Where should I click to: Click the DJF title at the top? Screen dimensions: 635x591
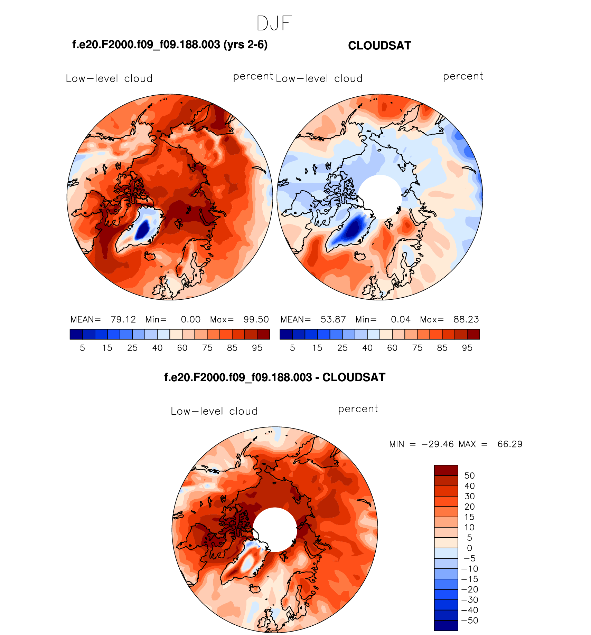point(274,23)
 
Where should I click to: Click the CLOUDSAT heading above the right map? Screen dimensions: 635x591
point(379,46)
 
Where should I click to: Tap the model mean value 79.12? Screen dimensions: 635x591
point(123,319)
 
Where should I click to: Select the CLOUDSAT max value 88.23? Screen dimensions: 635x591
point(466,319)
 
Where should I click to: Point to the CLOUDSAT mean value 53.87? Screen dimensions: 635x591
point(333,319)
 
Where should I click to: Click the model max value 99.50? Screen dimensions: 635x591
point(256,319)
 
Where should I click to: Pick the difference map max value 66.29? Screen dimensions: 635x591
point(510,444)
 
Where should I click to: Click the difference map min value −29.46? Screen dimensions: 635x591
point(438,444)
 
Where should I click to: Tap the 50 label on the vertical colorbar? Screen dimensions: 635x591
point(469,476)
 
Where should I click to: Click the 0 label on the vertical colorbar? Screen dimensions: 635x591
point(469,548)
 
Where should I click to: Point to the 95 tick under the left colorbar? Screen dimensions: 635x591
point(257,348)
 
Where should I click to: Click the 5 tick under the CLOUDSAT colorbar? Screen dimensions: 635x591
point(292,348)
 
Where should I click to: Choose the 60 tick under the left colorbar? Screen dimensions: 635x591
point(182,348)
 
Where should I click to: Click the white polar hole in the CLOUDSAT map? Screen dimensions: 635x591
point(379,197)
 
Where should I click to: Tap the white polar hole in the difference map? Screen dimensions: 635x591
point(275,529)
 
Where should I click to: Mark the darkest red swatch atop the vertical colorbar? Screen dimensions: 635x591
point(446,470)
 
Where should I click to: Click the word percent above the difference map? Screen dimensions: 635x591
point(358,409)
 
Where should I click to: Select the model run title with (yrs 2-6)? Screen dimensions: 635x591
point(170,45)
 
